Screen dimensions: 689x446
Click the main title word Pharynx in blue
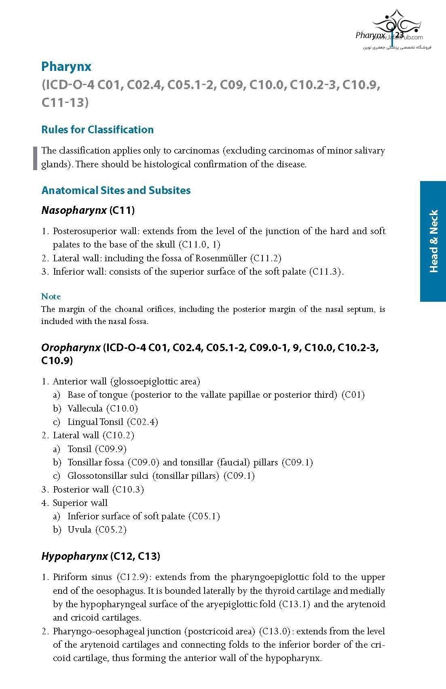tap(66, 66)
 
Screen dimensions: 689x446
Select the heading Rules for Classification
tap(97, 130)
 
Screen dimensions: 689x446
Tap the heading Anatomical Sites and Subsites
tap(116, 190)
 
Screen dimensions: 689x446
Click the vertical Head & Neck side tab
tap(433, 241)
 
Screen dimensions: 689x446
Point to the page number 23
tap(399, 35)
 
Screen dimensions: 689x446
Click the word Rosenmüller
tap(221, 258)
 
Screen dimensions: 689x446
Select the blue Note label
tap(51, 297)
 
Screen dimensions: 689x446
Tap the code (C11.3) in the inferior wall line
tap(326, 272)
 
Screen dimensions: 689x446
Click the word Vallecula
tap(85, 408)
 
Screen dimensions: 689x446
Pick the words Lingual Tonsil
tap(95, 422)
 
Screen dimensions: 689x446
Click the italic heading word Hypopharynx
tap(74, 556)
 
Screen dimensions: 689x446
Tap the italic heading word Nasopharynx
tap(74, 210)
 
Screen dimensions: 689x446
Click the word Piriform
tap(70, 577)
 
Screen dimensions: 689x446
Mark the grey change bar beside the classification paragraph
tap(35, 158)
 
